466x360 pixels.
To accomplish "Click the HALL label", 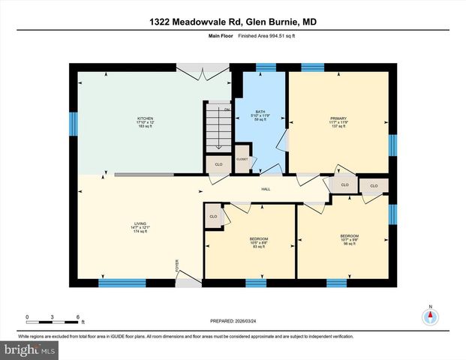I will point(265,189).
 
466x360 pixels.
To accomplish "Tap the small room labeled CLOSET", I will point(242,160).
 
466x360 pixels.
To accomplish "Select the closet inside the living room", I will point(213,217).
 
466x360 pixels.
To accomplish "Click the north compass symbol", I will point(430,316).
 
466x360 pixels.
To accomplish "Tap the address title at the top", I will point(232,23).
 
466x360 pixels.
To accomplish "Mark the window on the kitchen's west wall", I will point(74,124).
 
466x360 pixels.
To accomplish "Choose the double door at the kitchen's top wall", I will point(204,68).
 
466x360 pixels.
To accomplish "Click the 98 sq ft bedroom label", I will point(350,240).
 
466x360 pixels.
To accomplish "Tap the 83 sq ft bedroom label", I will point(259,242).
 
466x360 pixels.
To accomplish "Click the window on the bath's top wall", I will point(265,67).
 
